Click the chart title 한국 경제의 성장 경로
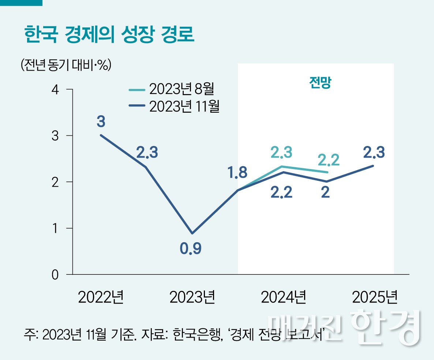(109, 35)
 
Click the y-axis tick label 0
(55, 275)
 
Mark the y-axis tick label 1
(55, 228)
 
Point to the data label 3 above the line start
(101, 121)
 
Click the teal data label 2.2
(328, 160)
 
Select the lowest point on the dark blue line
(192, 233)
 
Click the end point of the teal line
(328, 172)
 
